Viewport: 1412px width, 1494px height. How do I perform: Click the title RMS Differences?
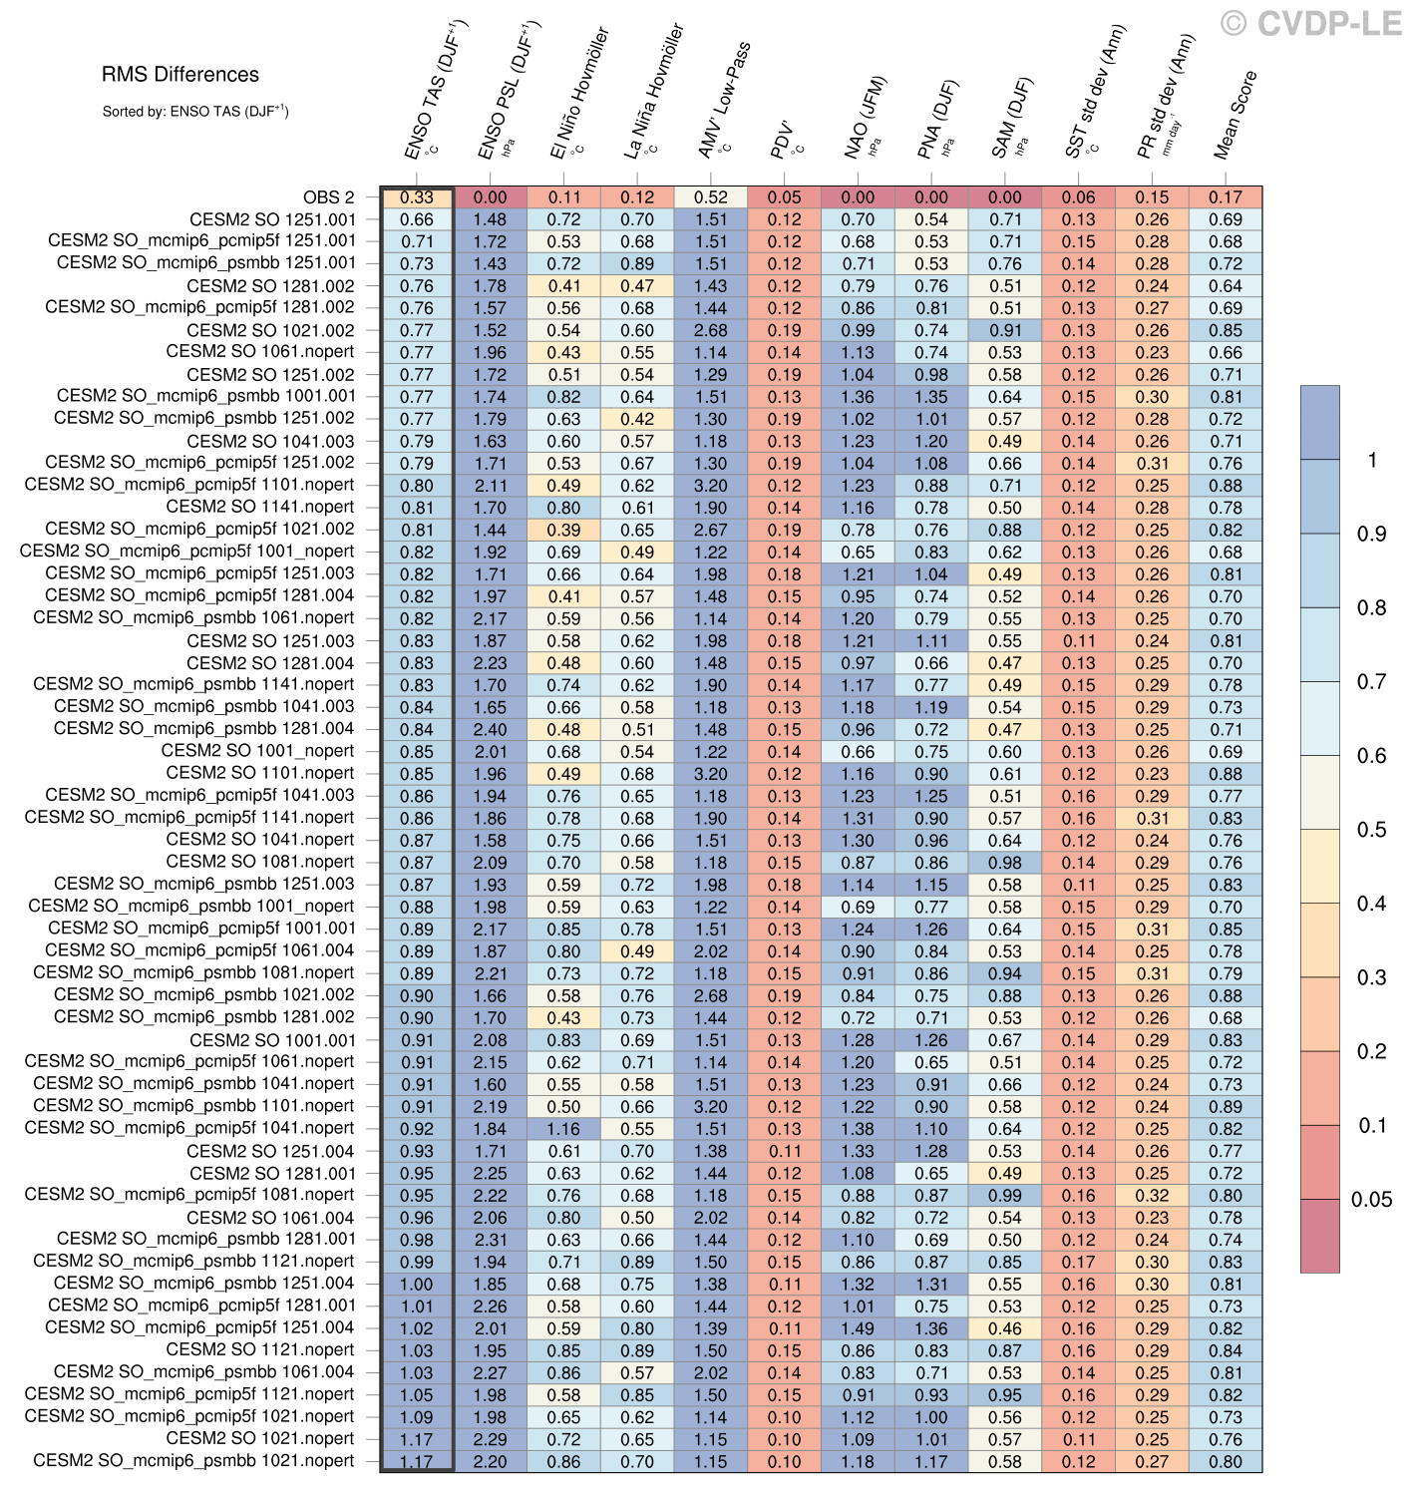(179, 75)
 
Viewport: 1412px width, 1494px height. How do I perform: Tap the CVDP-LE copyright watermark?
(1311, 24)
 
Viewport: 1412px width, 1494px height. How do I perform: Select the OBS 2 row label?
(328, 197)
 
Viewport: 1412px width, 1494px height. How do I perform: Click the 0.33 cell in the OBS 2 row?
(417, 197)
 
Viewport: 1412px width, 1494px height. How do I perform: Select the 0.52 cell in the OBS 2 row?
(711, 197)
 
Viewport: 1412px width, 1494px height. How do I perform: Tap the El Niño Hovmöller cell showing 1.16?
(563, 1129)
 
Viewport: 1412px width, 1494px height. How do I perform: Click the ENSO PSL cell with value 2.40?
(491, 729)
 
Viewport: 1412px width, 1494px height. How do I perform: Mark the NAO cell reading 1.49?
(858, 1328)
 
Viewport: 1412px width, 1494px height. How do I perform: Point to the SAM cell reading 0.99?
(1005, 1195)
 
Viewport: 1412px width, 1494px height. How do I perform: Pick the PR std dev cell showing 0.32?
(1152, 1195)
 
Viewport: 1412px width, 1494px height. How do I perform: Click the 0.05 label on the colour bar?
(1370, 1200)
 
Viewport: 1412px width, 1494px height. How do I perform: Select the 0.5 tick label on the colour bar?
(1371, 830)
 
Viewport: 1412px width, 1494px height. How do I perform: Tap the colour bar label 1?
(1372, 460)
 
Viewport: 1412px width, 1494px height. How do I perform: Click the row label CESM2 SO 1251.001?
(272, 219)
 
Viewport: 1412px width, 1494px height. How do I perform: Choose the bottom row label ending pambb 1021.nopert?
(193, 1461)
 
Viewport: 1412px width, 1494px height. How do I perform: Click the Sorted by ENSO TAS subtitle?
(195, 112)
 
